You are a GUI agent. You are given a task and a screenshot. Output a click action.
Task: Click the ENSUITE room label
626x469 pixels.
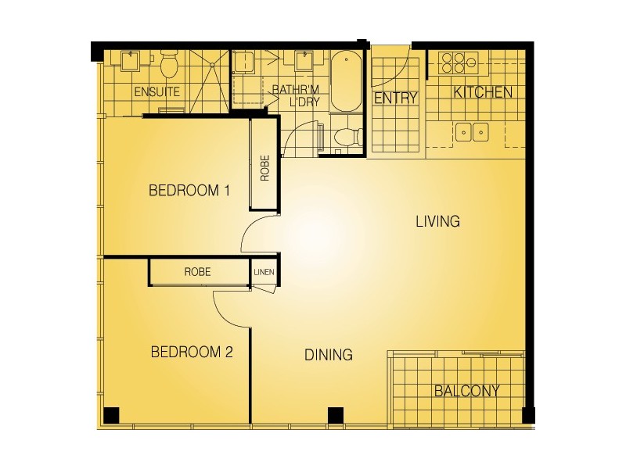pos(156,91)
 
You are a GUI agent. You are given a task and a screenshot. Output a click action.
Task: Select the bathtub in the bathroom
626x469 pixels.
pos(344,81)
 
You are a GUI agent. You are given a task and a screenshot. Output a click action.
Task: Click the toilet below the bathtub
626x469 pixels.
pos(344,137)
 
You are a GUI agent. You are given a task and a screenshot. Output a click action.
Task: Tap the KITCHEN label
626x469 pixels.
pos(484,92)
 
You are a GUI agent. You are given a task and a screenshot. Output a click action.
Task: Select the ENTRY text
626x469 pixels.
pos(395,98)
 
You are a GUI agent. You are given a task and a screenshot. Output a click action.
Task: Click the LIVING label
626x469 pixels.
pos(437,222)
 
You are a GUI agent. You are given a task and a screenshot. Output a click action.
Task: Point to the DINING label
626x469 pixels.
pos(328,355)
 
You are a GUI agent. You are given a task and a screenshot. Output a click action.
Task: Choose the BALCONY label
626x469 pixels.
pos(466,391)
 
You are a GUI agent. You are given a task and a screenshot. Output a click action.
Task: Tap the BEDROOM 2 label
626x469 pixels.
pos(192,353)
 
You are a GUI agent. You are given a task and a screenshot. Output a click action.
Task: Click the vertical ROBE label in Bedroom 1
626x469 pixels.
pos(264,166)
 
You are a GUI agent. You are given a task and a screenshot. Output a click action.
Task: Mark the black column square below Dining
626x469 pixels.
pos(335,415)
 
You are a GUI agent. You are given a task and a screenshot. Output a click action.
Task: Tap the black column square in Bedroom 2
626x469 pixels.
pos(111,415)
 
